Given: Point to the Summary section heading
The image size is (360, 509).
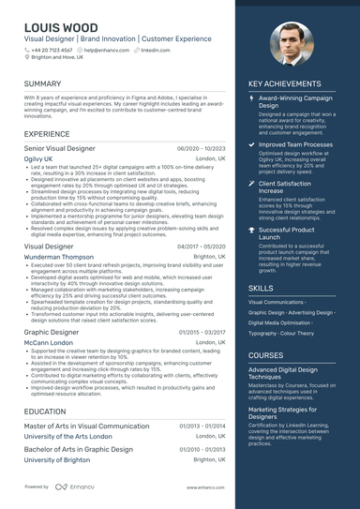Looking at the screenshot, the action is (43, 83).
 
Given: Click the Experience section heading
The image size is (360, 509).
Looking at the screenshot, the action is (47, 134).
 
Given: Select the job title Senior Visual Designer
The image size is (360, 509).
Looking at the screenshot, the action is (59, 148).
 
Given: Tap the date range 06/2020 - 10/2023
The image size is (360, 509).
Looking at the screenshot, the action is (201, 148).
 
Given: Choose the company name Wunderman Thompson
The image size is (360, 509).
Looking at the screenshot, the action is (58, 256).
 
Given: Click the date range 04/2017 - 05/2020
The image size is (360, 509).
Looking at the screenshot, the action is (201, 246).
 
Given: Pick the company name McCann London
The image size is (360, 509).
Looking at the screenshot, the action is (50, 342).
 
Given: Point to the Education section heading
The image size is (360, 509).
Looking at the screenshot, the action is (45, 411).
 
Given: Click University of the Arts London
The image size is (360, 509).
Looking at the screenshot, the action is (68, 436).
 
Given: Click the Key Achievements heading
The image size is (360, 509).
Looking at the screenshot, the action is (285, 83).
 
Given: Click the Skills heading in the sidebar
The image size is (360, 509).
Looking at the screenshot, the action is (261, 288).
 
